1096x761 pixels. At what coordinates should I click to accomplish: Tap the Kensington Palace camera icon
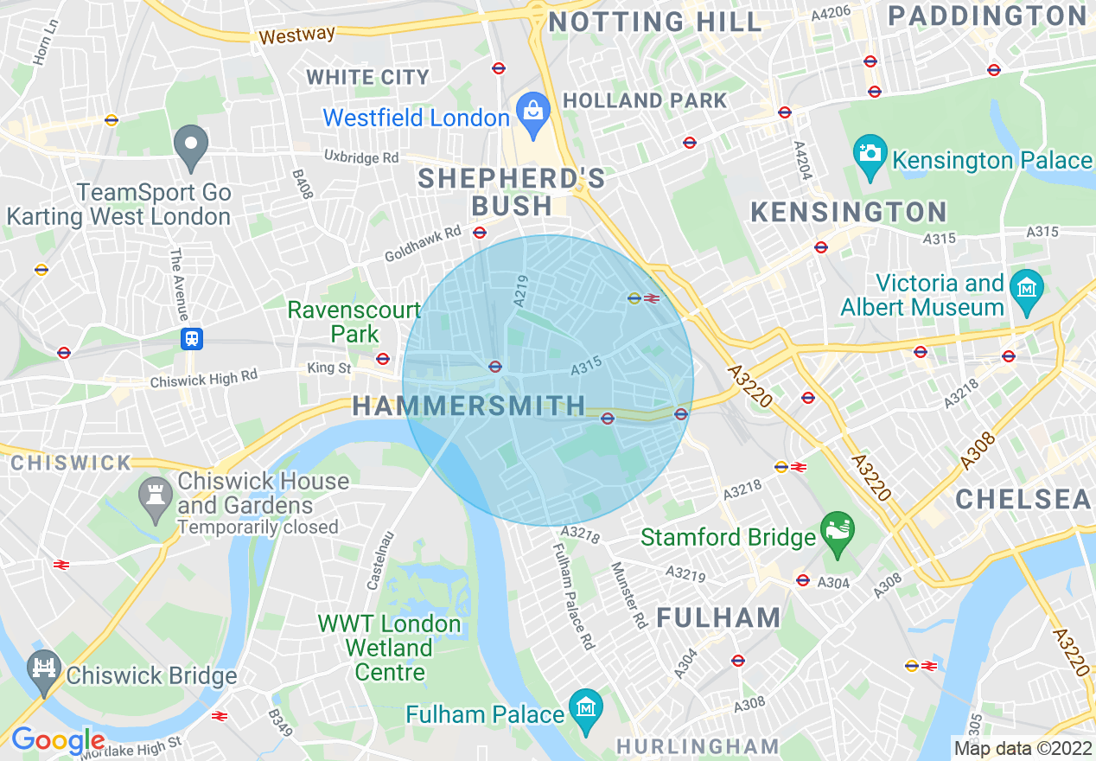pos(870,154)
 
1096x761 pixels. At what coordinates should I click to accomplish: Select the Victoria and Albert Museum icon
pos(1027,287)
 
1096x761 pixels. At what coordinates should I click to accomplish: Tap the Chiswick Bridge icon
pos(42,668)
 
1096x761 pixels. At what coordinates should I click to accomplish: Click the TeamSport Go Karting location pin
pos(191,144)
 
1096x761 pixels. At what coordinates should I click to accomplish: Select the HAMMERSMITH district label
pos(468,406)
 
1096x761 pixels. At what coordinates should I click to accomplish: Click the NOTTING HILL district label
pos(655,22)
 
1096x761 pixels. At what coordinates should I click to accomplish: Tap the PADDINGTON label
pos(988,16)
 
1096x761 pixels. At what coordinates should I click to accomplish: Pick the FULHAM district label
pos(718,617)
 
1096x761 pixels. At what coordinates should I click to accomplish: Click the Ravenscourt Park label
pos(354,322)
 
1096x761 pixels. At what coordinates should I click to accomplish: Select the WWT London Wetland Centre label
pos(389,647)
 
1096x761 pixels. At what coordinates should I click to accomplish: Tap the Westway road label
pos(296,35)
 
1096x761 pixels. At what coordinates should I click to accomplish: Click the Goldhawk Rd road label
pos(423,245)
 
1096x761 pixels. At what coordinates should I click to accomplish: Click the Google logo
pos(57,740)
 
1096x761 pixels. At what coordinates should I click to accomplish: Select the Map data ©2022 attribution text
pos(1022,748)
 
